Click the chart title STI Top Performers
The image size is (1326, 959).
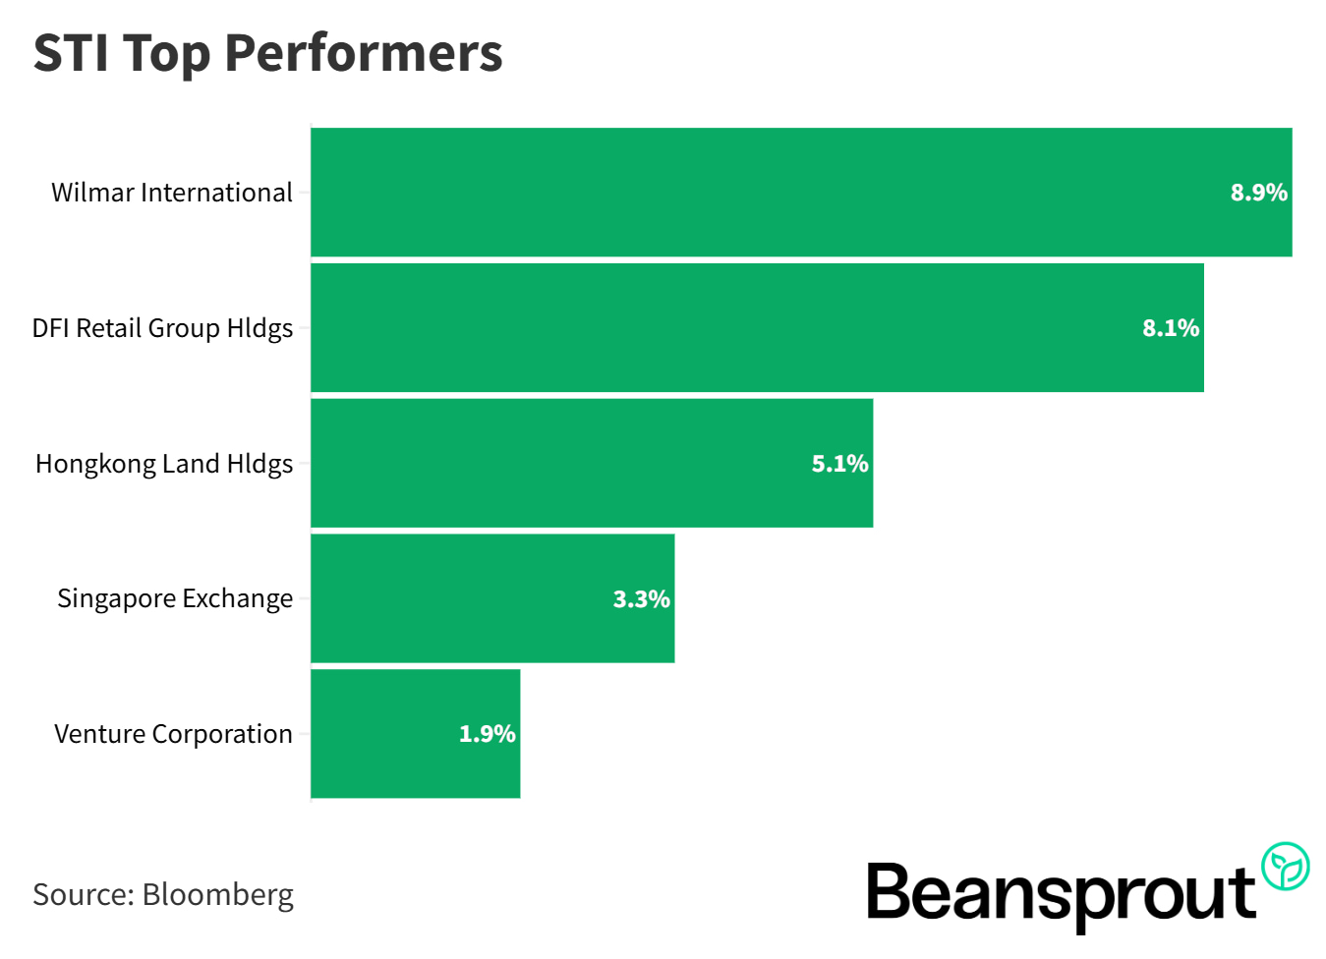click(267, 53)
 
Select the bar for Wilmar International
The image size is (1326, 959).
click(767, 193)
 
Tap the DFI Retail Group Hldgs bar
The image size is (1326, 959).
click(727, 328)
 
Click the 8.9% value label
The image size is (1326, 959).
click(1258, 193)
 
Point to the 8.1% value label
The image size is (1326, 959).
click(1170, 328)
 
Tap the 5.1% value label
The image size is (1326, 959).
click(839, 464)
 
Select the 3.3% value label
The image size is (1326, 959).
click(641, 599)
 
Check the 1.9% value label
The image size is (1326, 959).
click(487, 734)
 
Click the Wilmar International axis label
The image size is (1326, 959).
click(172, 193)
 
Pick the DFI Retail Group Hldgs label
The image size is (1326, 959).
click(162, 328)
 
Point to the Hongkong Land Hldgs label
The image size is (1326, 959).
click(164, 464)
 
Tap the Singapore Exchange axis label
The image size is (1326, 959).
click(175, 598)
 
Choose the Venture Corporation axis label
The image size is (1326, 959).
click(173, 734)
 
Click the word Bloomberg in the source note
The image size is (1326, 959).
click(218, 895)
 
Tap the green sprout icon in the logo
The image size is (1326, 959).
click(1285, 867)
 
